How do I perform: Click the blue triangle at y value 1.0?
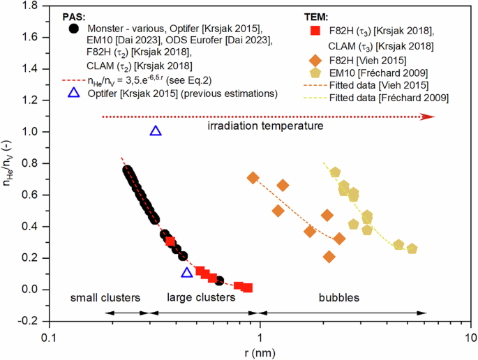point(156,131)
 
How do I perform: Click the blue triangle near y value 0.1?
point(186,273)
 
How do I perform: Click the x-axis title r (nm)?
point(260,352)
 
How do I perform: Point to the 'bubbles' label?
point(339,298)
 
